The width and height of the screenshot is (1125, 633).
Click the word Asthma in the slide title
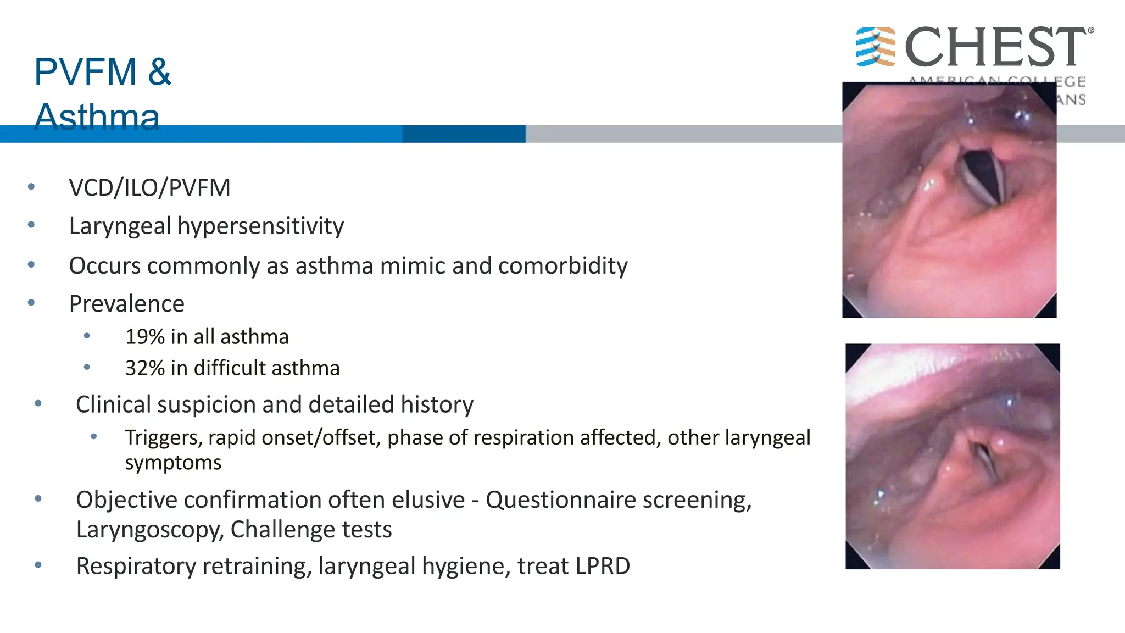97,116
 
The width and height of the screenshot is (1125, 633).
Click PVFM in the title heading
85,72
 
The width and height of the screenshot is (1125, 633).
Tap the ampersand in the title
159,72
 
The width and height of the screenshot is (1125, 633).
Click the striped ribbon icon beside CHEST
875,47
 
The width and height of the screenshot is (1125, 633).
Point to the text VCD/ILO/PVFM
149,188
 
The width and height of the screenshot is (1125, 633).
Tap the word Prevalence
126,304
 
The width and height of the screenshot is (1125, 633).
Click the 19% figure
145,337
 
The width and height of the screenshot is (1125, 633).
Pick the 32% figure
145,368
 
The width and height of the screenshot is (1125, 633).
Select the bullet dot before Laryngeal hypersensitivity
31,225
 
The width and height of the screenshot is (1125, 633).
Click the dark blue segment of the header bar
464,134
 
